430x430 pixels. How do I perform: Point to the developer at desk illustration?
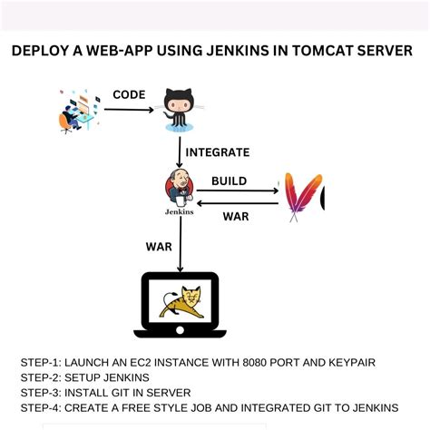(78, 111)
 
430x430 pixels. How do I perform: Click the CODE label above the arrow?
(129, 94)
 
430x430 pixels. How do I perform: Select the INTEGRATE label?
(218, 152)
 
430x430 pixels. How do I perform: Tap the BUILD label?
(229, 181)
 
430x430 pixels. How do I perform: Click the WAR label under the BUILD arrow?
(237, 215)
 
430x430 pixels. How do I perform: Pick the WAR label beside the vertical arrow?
(159, 246)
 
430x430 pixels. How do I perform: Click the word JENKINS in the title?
(233, 52)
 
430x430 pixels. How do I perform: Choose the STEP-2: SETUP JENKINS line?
(84, 377)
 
